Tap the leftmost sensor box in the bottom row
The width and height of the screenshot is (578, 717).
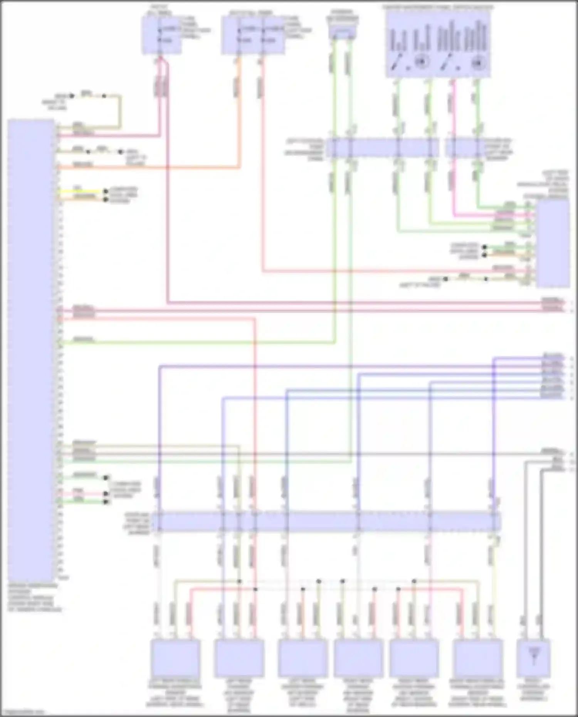(175, 658)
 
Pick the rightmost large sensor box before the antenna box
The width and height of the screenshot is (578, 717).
(478, 658)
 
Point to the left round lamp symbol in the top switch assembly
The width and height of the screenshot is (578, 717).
(421, 62)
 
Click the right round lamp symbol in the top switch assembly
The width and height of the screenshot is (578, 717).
(477, 62)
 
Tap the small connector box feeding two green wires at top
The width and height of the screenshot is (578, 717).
(343, 33)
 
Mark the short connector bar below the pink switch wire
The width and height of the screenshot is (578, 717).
(465, 148)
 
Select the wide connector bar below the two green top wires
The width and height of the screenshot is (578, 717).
(382, 148)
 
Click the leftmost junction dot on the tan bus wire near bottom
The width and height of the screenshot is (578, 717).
(239, 581)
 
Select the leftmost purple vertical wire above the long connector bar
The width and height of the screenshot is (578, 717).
(159, 424)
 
